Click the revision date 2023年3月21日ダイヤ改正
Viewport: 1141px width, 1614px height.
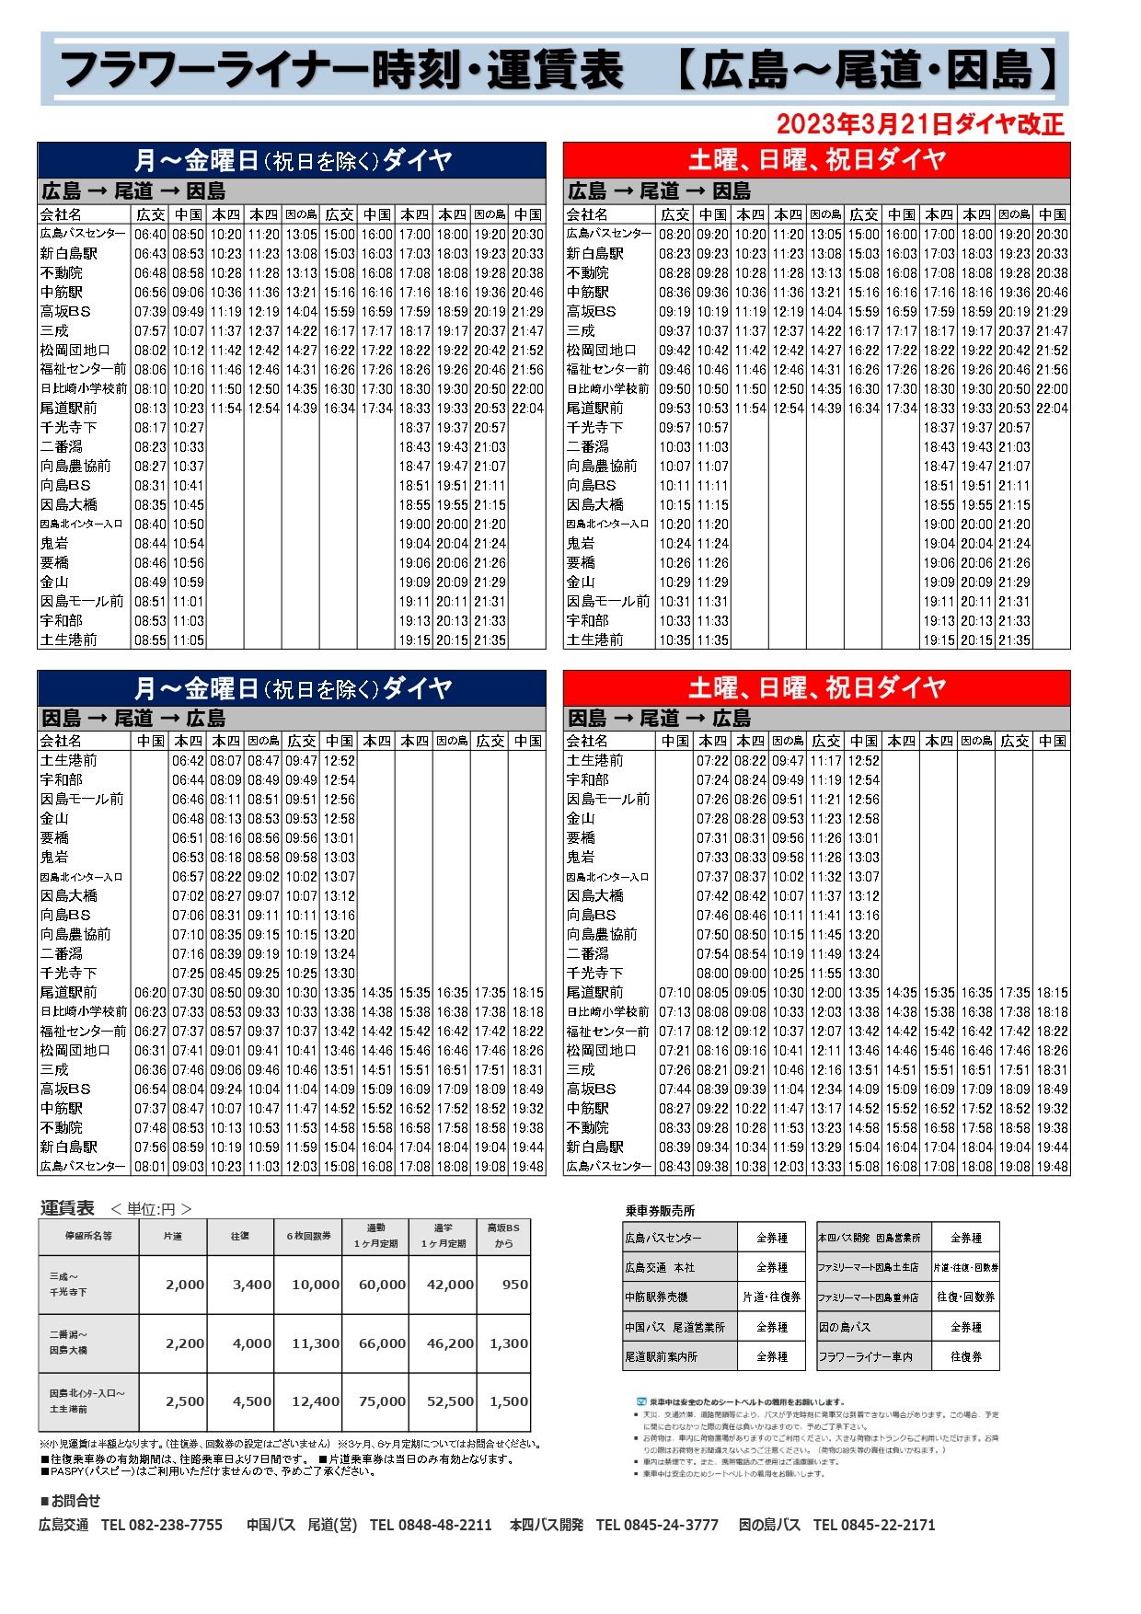[919, 124]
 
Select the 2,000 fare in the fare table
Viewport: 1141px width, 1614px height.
[185, 1285]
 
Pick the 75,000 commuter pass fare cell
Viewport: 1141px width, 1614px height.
[382, 1401]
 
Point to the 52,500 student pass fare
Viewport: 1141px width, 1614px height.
[450, 1401]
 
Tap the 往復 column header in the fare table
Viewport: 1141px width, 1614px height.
[240, 1236]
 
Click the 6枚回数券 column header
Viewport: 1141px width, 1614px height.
[308, 1236]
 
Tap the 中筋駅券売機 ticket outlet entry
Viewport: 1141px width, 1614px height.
[656, 1297]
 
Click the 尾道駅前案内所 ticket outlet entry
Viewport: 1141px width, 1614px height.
[661, 1356]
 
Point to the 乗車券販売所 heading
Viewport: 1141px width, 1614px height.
[660, 1211]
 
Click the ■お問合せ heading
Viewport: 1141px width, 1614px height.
[70, 1501]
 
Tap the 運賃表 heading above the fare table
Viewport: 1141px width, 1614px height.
[67, 1208]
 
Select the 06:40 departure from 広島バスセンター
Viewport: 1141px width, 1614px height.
[150, 235]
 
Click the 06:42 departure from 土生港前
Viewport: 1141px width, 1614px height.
[188, 761]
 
